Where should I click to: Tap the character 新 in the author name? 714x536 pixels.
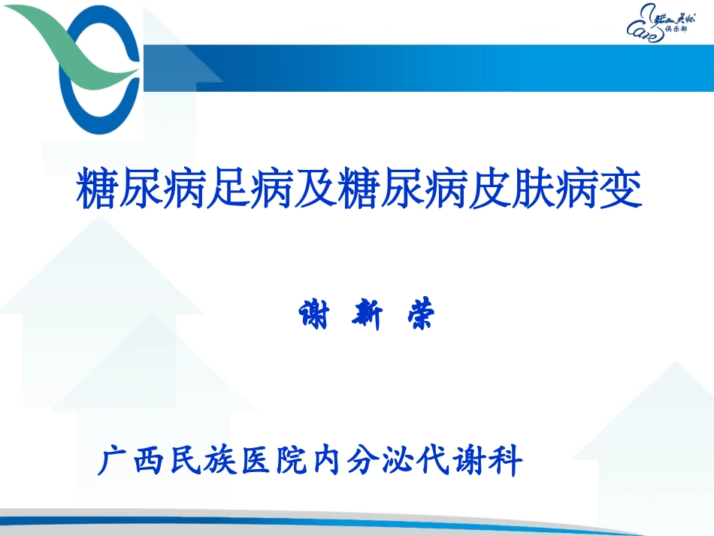368,315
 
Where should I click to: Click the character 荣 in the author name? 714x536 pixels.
417,315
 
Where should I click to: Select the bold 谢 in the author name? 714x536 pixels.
316,315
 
